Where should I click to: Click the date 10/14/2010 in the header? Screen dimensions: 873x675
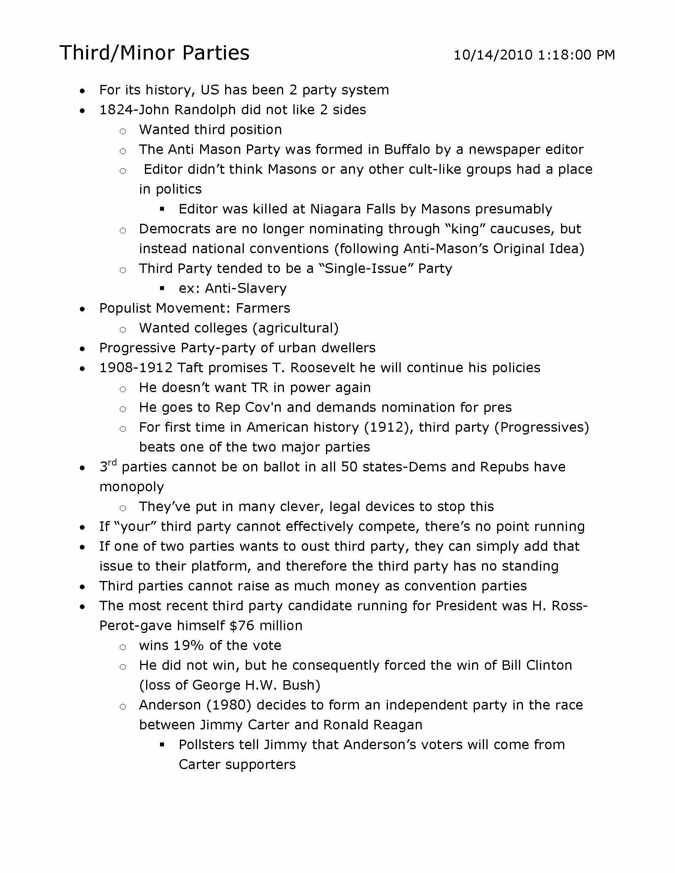point(493,55)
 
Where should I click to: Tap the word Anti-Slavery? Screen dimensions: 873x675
point(245,288)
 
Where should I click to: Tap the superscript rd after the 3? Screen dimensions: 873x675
point(112,462)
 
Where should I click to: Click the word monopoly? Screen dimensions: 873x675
point(131,487)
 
